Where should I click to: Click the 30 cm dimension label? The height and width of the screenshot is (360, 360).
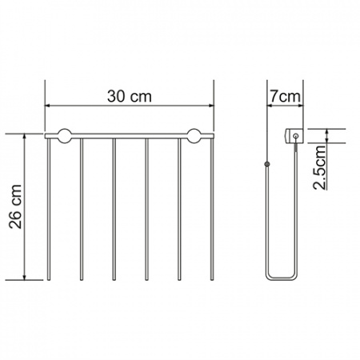[130, 96]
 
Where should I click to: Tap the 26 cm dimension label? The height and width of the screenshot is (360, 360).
[15, 206]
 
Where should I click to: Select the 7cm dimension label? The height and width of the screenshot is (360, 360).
[285, 96]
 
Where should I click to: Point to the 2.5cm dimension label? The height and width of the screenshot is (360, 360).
[319, 167]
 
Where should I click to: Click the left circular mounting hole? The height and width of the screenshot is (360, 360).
[65, 136]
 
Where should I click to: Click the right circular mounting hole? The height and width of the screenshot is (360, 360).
[194, 136]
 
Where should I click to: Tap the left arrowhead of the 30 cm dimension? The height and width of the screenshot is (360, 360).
[47, 106]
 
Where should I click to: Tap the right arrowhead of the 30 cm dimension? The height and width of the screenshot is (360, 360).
[211, 106]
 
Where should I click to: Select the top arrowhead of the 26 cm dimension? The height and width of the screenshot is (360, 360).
[25, 137]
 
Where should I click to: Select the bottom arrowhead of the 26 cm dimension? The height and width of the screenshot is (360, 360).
[25, 277]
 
